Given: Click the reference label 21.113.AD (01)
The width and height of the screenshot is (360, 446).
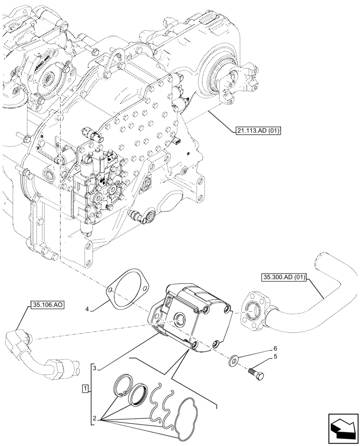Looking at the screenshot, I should (x=256, y=131).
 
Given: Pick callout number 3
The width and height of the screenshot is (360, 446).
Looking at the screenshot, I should (x=94, y=368).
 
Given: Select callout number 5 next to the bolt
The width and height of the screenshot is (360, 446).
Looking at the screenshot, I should (x=275, y=356).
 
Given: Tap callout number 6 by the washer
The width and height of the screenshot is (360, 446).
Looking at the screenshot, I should (x=275, y=348).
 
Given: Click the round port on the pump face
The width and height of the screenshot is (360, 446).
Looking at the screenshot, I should (x=180, y=318).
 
